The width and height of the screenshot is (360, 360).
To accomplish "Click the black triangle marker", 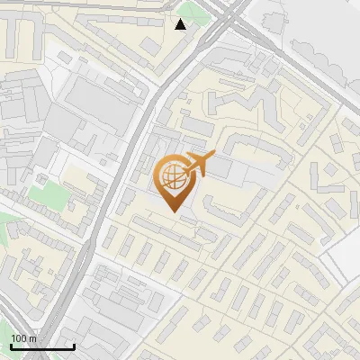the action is point(181,24).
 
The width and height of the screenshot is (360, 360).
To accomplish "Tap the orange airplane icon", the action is point(199,165).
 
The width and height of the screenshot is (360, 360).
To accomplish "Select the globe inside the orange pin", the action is point(173,177).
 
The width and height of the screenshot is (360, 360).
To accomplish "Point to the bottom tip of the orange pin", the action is point(173,212).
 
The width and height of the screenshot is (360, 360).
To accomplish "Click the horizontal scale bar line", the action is point(42,346).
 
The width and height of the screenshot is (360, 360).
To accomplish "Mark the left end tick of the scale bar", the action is point(11,345).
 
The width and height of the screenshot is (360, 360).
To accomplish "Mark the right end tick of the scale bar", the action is point(74,345).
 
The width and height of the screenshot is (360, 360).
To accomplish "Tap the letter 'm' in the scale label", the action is point(32,338).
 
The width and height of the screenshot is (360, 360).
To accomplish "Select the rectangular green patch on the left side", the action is point(41,193).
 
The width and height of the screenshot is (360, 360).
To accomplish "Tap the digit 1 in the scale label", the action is point(13,338).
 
